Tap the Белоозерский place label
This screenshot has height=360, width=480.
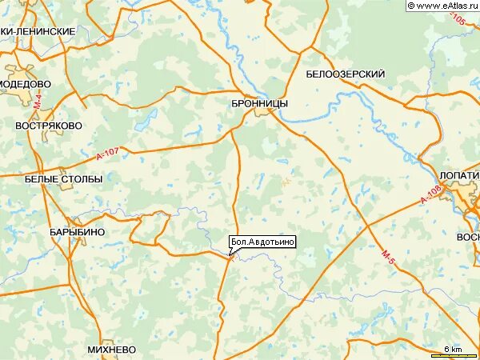346,74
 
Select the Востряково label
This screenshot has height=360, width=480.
49,126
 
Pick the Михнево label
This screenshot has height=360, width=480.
112,350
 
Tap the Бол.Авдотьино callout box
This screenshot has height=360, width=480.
262,242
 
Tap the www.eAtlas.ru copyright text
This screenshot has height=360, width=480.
442,6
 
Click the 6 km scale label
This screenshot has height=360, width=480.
453,350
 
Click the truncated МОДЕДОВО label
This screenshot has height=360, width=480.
26,84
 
